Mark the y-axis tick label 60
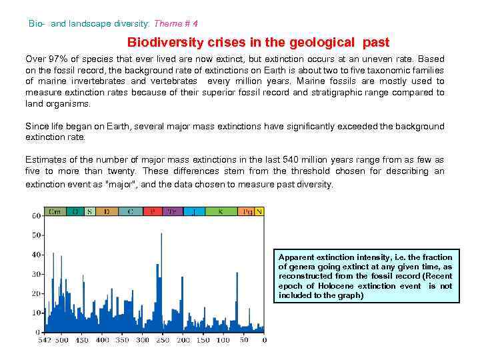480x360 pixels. click(x=36, y=216)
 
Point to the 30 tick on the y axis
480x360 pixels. click(x=36, y=274)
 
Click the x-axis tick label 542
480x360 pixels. click(x=44, y=340)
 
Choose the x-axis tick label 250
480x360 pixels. click(x=163, y=340)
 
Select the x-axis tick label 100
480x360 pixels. click(x=223, y=340)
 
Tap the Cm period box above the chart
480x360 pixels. click(x=55, y=211)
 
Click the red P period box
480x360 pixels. click(x=153, y=211)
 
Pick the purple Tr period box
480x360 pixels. click(x=171, y=211)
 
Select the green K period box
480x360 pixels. click(x=220, y=211)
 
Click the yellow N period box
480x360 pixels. click(x=260, y=211)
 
